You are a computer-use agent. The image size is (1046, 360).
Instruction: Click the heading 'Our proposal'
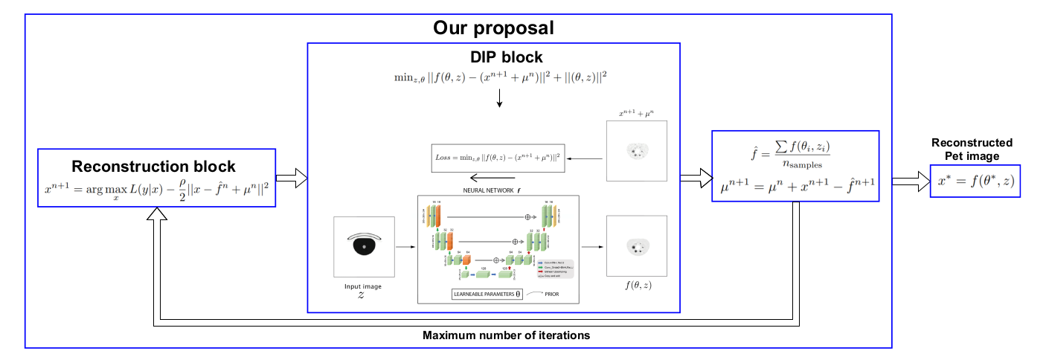click(x=493, y=28)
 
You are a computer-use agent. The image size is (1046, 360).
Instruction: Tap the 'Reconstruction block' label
click(x=155, y=166)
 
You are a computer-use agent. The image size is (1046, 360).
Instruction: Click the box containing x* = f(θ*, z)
click(x=975, y=181)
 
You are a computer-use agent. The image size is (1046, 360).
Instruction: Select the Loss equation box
click(x=498, y=158)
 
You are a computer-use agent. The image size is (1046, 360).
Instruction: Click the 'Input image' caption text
click(x=363, y=286)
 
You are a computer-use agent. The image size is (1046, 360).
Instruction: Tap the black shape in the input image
click(x=364, y=245)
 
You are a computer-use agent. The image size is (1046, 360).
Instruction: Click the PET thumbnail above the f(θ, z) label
click(x=636, y=245)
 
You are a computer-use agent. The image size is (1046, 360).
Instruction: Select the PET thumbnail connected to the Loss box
click(x=636, y=151)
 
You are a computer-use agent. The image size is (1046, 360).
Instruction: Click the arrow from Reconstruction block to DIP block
click(x=291, y=178)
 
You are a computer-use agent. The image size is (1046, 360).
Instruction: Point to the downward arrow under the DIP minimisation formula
click(x=499, y=98)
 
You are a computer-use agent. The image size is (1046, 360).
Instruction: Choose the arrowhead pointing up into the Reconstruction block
click(x=154, y=213)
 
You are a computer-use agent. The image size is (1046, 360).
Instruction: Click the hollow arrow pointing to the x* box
click(x=910, y=181)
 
